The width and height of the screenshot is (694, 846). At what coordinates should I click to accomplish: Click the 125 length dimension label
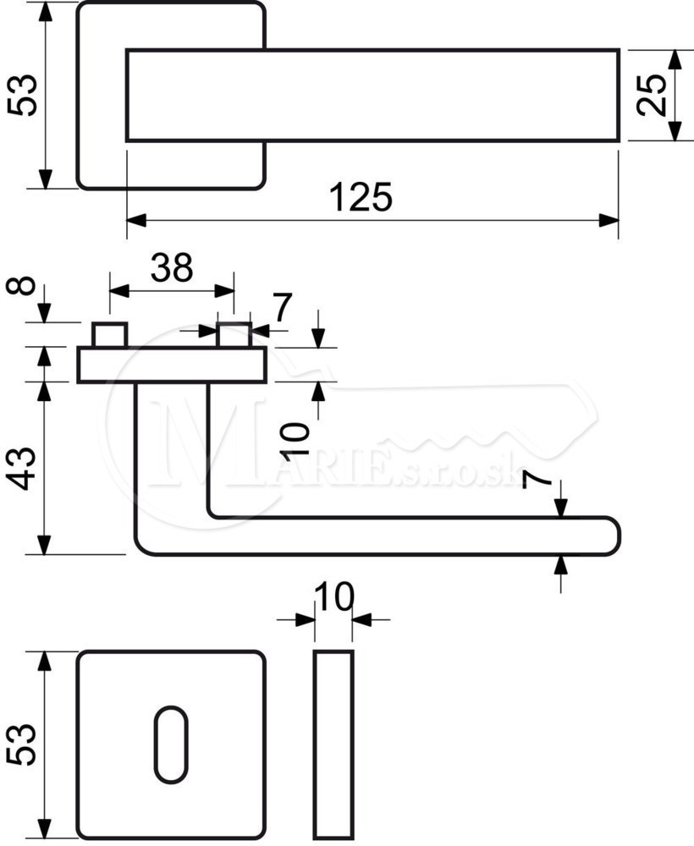[361, 197]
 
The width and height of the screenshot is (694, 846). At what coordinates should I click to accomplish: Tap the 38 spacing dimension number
[172, 267]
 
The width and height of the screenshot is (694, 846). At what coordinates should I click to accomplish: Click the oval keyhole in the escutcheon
[171, 745]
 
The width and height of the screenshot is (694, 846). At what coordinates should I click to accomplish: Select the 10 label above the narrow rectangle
[334, 596]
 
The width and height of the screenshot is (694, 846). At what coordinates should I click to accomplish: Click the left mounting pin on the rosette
[109, 336]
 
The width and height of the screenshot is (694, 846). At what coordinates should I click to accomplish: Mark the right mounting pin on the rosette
[234, 336]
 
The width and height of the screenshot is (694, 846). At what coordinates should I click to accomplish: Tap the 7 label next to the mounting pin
[282, 306]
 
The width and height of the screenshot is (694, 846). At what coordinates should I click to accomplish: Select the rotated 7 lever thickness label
[537, 479]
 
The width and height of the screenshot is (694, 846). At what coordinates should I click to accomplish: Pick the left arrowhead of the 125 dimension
[136, 221]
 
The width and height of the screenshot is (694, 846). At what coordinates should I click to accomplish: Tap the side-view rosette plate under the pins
[172, 365]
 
